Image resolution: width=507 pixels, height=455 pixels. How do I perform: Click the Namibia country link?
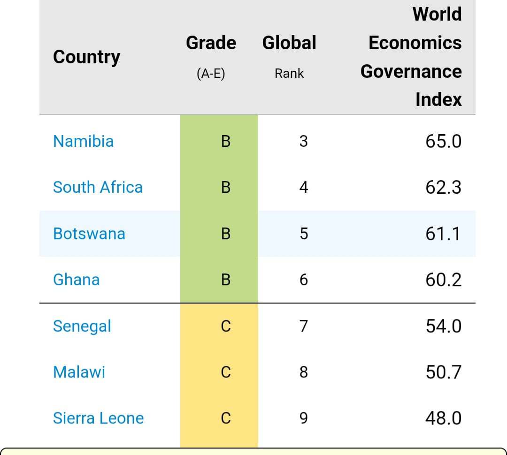(84, 141)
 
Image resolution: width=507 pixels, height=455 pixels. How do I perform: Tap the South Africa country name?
(98, 187)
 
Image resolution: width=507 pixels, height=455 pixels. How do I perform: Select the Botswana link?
(89, 234)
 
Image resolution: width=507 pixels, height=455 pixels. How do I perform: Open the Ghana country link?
(77, 280)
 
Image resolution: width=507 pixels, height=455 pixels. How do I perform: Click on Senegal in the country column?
(82, 326)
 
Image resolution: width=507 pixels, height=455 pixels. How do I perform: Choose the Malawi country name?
(79, 372)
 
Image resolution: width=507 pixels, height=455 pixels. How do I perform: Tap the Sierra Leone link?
(98, 418)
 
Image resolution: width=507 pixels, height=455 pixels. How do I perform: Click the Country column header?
(86, 57)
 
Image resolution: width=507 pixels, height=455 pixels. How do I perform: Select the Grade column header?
(211, 43)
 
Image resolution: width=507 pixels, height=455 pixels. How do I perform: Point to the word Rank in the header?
(289, 74)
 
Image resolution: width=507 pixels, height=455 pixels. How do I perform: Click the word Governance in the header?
(411, 71)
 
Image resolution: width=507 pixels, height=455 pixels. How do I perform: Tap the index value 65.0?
(444, 141)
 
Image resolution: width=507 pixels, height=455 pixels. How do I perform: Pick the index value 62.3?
(444, 187)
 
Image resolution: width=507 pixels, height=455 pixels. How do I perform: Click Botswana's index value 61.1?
(444, 234)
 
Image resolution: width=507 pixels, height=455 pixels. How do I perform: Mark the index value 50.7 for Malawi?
(444, 372)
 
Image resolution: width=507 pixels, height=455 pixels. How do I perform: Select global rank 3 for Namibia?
(304, 141)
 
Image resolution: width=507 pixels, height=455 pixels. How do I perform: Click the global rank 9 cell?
(304, 418)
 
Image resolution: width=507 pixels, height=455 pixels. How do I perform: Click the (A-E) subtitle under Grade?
(211, 74)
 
